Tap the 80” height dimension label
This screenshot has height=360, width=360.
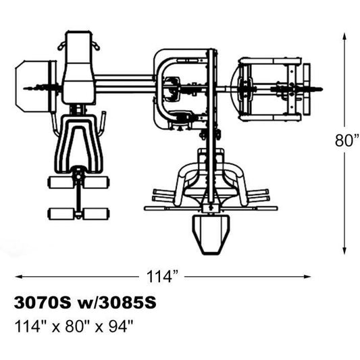tap(347, 140)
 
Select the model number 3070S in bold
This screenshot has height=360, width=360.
tap(43, 303)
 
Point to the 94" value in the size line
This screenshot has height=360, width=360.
tap(121, 326)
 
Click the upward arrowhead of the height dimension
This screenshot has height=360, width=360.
tap(344, 36)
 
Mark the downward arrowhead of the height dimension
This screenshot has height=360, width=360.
tap(344, 251)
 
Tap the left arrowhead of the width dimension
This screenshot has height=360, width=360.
tap(19, 277)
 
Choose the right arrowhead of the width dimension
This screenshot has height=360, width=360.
tap(307, 277)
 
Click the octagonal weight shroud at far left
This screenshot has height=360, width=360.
tap(32, 86)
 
